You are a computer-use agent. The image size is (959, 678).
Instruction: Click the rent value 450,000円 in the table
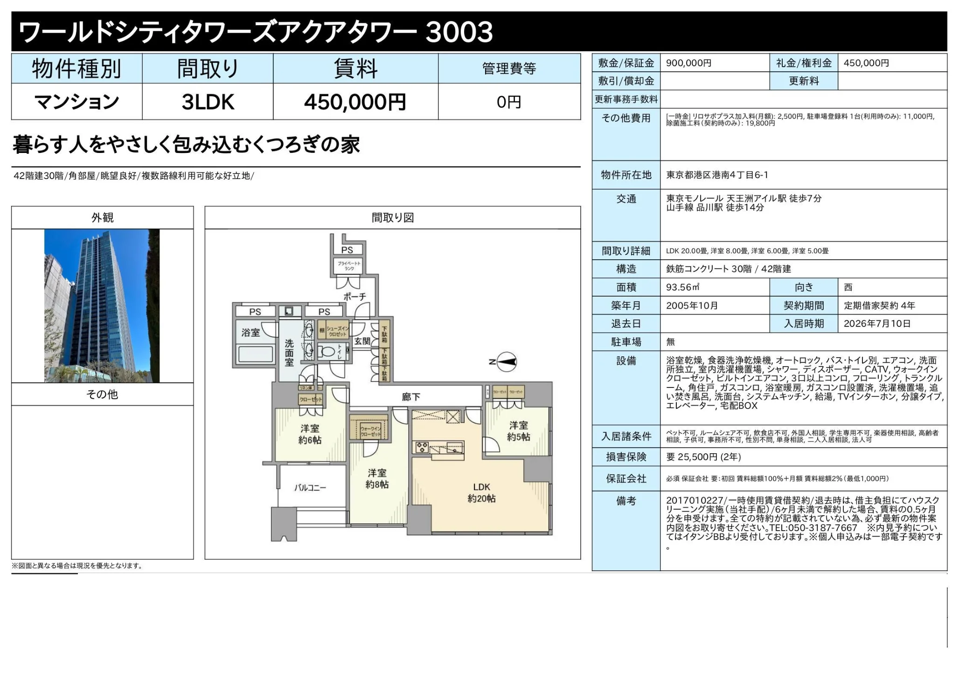click(355, 102)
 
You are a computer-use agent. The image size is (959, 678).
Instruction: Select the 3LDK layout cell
click(208, 102)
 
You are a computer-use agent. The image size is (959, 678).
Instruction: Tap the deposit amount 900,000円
click(688, 63)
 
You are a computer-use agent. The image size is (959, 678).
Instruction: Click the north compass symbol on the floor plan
click(506, 362)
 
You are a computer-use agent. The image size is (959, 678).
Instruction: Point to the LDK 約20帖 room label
click(481, 493)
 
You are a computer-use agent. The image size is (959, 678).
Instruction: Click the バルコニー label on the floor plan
click(310, 488)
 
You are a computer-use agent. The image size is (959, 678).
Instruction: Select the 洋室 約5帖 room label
click(518, 431)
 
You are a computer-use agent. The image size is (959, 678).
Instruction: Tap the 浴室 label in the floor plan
click(250, 332)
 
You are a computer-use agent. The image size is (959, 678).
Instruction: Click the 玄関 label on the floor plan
click(362, 341)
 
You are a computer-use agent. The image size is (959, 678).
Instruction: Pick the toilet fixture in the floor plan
click(328, 352)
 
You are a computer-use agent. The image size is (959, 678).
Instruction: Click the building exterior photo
click(102, 305)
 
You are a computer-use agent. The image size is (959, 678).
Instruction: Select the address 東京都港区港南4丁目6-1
click(717, 175)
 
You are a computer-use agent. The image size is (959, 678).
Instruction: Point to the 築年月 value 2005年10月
click(692, 305)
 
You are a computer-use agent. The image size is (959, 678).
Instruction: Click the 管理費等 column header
click(509, 69)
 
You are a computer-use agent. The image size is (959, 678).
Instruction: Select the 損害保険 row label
click(626, 457)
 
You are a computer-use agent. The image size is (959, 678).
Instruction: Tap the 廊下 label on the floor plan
click(411, 397)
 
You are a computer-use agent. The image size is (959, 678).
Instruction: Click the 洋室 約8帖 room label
click(377, 479)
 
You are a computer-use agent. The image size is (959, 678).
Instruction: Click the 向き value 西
click(848, 287)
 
